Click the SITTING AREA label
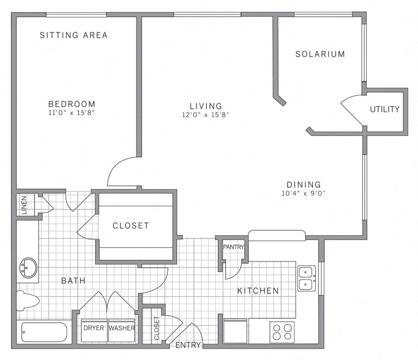74,35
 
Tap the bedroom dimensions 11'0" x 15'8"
72,113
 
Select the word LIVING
206,106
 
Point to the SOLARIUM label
320,54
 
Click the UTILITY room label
384,109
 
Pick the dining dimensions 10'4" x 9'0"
304,193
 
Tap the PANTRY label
234,247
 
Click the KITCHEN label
258,291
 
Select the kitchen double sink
306,277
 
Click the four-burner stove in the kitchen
282,332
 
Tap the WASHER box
122,328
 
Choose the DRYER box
94,328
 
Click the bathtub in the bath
43,332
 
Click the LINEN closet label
24,204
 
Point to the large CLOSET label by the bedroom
130,226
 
